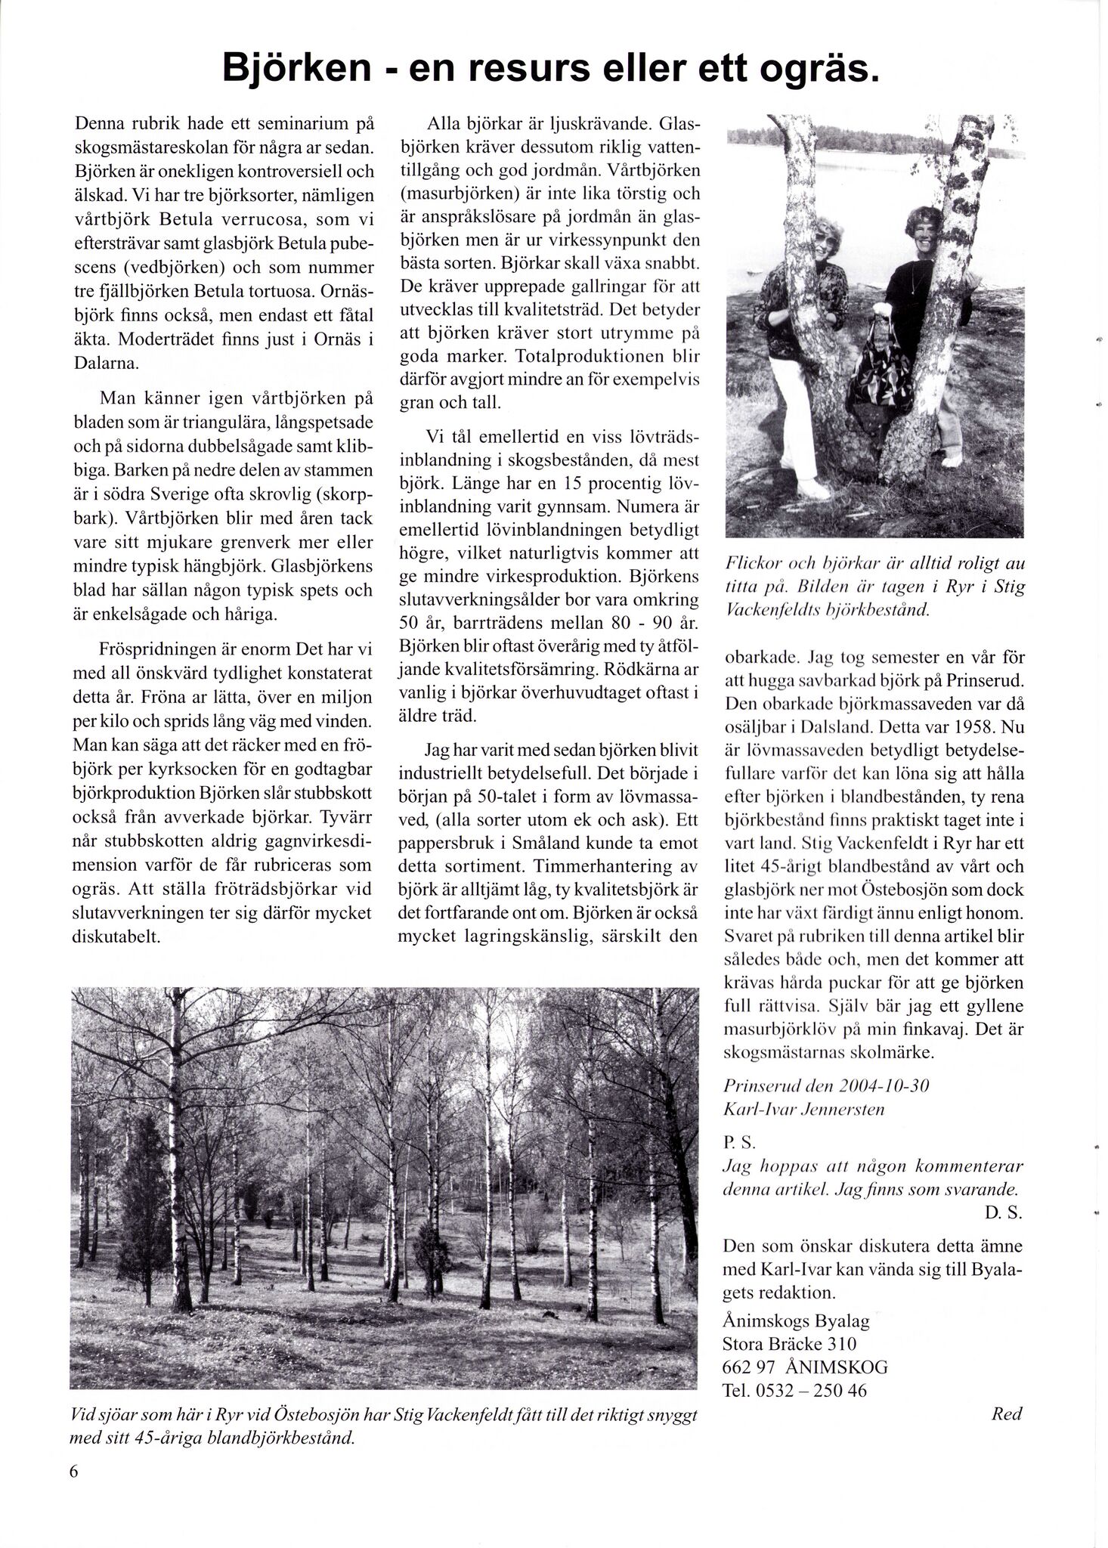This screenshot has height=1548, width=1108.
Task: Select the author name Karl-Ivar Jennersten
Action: (803, 1110)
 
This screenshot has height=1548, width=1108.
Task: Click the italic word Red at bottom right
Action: (1006, 1413)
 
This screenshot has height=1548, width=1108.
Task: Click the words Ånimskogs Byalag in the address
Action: (796, 1320)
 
